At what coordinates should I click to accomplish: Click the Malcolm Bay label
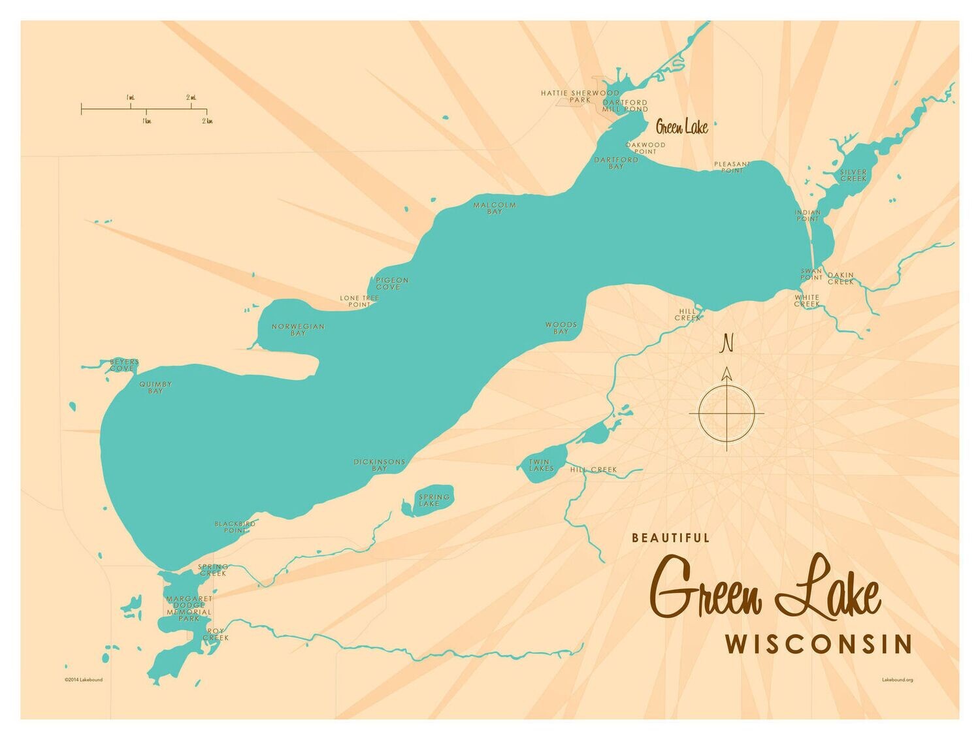coord(495,208)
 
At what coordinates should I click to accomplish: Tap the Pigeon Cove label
coord(392,283)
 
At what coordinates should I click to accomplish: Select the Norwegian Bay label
coord(298,330)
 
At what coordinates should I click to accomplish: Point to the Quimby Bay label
coord(155,387)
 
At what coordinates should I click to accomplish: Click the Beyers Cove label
coord(123,365)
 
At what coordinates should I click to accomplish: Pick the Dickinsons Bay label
coord(380,465)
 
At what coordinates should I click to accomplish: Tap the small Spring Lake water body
coord(432,501)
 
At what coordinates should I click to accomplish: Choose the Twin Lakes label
coord(541,465)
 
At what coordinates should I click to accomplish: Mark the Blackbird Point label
coord(235,527)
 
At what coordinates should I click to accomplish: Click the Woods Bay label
coord(561,328)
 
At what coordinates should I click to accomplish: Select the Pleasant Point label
coord(732,167)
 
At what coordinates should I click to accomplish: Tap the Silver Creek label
coord(853,175)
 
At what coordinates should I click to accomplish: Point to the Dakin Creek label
coord(840,279)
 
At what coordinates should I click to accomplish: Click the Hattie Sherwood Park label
coord(580,96)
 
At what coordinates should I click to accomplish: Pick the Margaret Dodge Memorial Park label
coord(189,608)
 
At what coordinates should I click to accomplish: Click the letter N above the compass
coord(726,342)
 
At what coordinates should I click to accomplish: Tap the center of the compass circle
coord(727,413)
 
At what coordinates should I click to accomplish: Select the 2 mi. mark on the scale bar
coord(191,98)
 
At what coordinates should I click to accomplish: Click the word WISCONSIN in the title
coord(818,644)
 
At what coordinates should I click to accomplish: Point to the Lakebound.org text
coord(897,680)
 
